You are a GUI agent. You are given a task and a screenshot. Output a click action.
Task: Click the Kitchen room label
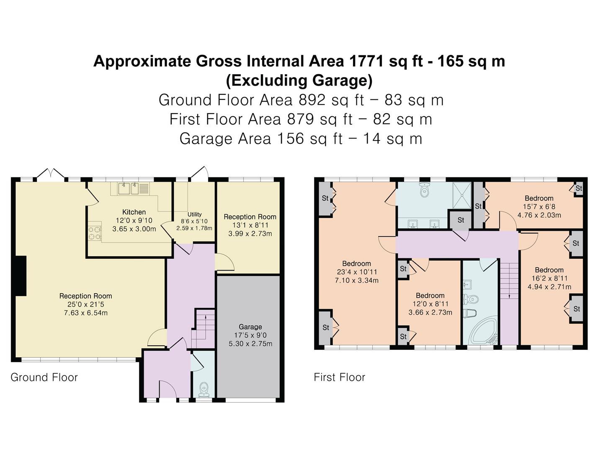[x=134, y=212]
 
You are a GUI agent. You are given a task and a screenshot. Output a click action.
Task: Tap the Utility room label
[x=194, y=214]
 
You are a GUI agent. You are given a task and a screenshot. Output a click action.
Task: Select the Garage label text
[x=250, y=327]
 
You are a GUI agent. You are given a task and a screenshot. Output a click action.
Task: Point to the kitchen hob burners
[x=95, y=233]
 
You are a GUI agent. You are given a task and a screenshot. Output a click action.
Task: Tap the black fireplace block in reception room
[x=21, y=276]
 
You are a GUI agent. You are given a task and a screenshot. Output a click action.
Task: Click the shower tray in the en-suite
[x=461, y=195]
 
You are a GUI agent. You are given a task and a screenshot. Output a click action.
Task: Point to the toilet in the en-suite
[x=425, y=189]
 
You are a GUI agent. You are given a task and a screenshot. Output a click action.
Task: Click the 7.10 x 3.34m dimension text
[x=357, y=281]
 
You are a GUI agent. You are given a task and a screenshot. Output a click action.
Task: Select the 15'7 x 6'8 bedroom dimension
[x=539, y=206]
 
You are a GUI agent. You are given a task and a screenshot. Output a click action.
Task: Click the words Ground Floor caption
[x=44, y=377]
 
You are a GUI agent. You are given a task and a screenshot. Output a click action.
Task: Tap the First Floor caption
[x=340, y=377]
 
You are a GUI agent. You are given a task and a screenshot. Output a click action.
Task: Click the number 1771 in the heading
[x=366, y=61]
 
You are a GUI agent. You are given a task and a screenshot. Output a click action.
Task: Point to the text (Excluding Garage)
[x=299, y=81]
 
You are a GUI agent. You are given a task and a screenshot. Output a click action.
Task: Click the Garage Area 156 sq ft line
[x=301, y=138]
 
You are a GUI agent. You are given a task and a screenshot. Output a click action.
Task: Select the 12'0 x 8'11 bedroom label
[x=430, y=304]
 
